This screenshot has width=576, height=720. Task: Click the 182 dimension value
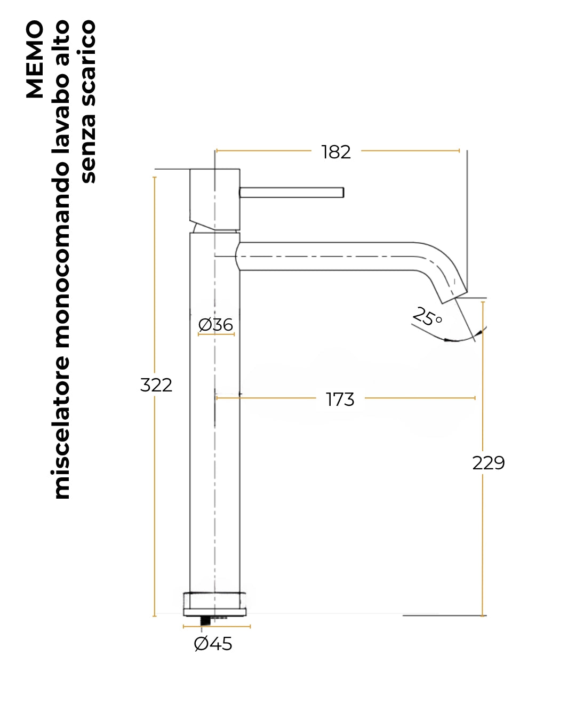[x=335, y=152]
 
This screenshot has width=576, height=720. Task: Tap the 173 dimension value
[x=340, y=399]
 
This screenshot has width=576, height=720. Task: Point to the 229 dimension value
[x=489, y=463]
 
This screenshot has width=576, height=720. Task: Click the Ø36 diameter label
[x=215, y=325]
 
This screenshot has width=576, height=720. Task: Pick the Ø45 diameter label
[x=213, y=643]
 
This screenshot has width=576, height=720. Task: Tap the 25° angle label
[x=427, y=316]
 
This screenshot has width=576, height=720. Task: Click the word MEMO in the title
[x=35, y=59]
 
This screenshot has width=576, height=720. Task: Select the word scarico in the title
[x=89, y=63]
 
